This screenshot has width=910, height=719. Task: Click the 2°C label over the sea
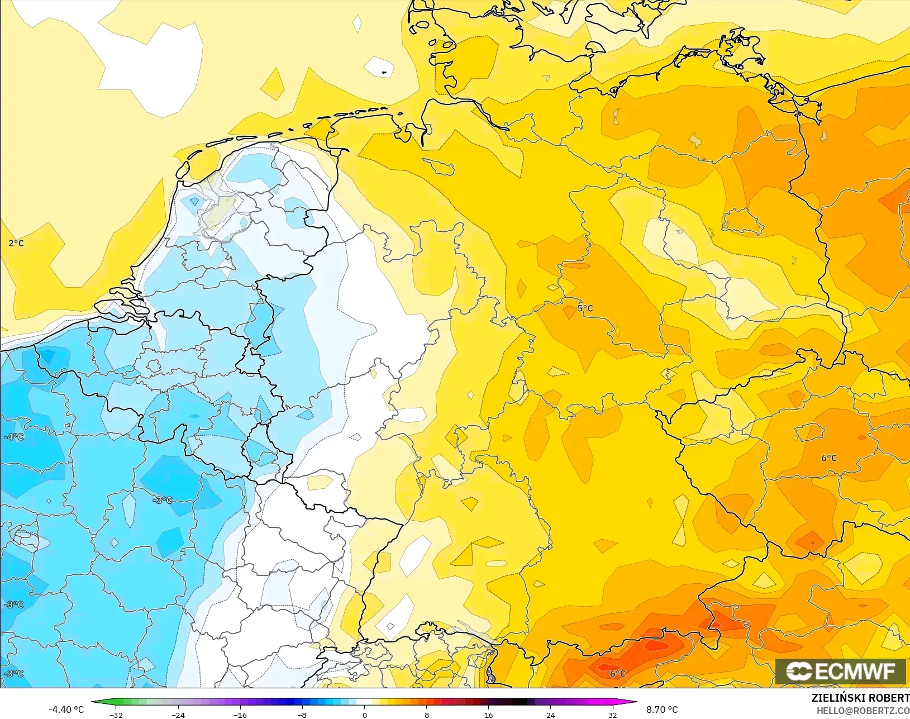(x=16, y=243)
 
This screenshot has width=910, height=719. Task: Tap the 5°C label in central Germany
(x=585, y=308)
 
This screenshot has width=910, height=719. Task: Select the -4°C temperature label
(x=13, y=437)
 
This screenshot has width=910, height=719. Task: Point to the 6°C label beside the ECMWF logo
(x=617, y=673)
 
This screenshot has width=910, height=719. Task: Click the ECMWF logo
(x=840, y=671)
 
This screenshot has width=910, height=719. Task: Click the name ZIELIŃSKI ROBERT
(x=860, y=698)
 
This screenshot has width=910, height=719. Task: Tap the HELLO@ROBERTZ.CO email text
(x=863, y=711)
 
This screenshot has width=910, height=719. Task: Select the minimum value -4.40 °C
(x=66, y=710)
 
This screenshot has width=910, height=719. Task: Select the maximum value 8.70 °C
(x=662, y=710)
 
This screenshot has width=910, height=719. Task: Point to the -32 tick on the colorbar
(x=116, y=715)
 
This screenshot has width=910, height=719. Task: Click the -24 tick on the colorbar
(x=178, y=715)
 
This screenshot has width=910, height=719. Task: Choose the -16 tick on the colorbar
(x=240, y=715)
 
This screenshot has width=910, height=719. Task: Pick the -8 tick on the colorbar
(x=302, y=715)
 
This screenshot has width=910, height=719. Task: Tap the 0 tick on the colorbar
(x=365, y=715)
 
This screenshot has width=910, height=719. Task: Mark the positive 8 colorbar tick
(x=427, y=715)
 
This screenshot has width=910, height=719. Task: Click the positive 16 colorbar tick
(x=489, y=715)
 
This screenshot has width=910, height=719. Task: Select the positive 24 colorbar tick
(x=551, y=715)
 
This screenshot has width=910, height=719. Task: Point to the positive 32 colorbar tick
(x=613, y=715)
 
